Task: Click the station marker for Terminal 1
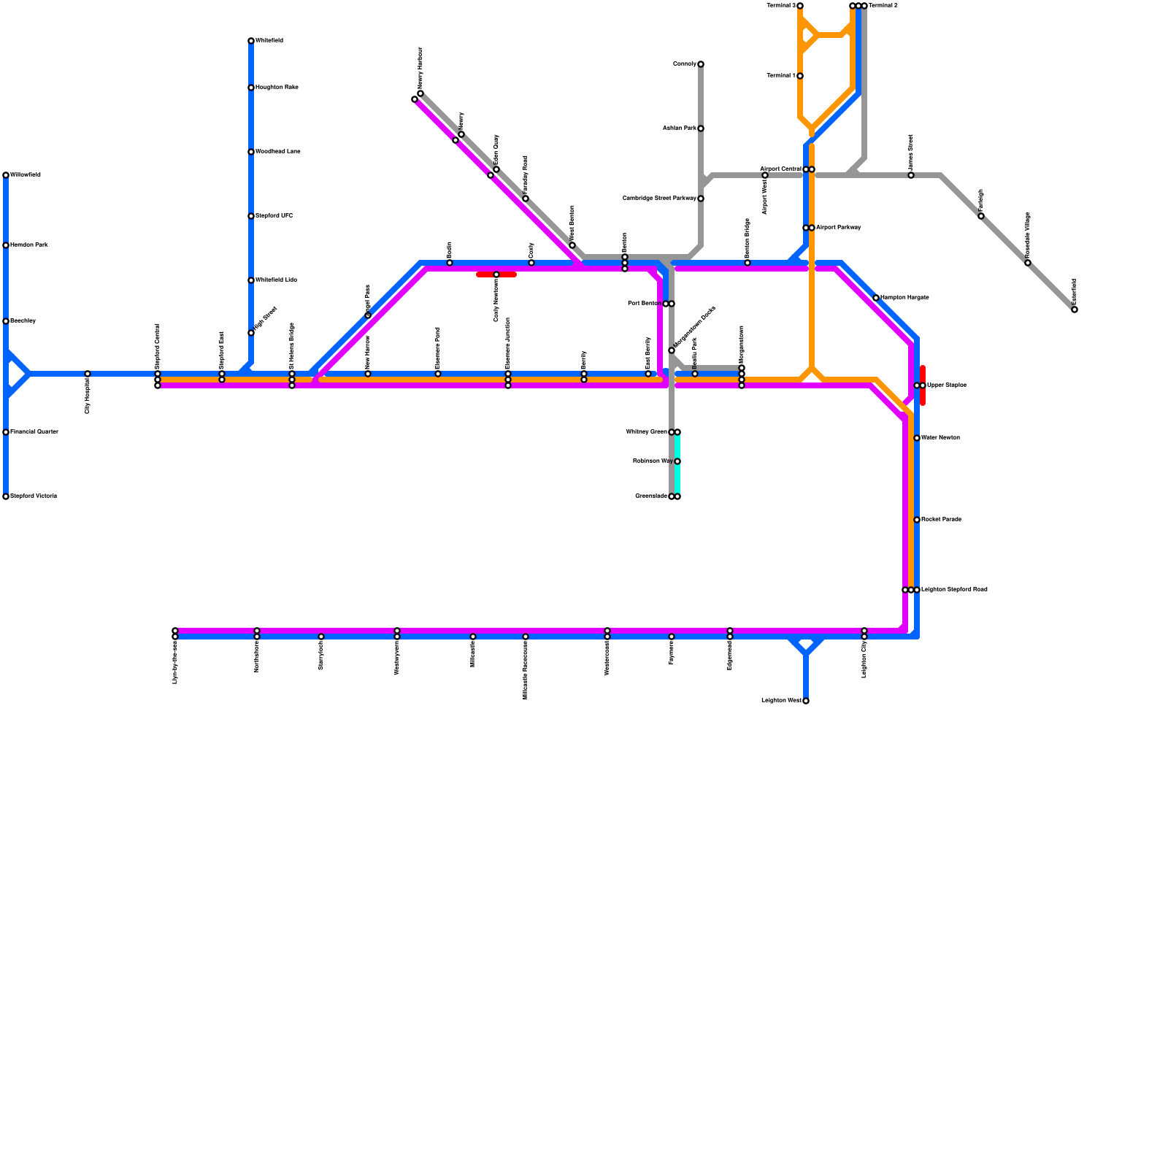tap(800, 76)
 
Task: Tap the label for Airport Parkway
tap(839, 228)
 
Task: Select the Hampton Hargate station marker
tap(876, 298)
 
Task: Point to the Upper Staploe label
tap(947, 385)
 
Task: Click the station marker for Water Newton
tap(917, 438)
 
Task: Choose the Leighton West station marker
tap(806, 701)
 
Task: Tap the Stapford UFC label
tap(274, 216)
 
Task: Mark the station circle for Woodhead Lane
tap(251, 152)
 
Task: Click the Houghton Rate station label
tap(277, 88)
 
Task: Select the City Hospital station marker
tap(88, 374)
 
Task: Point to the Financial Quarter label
tap(34, 432)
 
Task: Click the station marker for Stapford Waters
tap(6, 496)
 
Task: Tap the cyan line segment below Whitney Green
tap(677, 478)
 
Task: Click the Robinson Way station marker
tap(677, 461)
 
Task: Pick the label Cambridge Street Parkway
tap(659, 199)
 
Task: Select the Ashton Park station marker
tap(701, 128)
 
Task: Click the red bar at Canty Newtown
tap(496, 274)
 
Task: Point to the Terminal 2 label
tap(883, 6)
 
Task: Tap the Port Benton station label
tap(645, 304)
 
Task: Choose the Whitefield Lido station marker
tap(251, 280)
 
